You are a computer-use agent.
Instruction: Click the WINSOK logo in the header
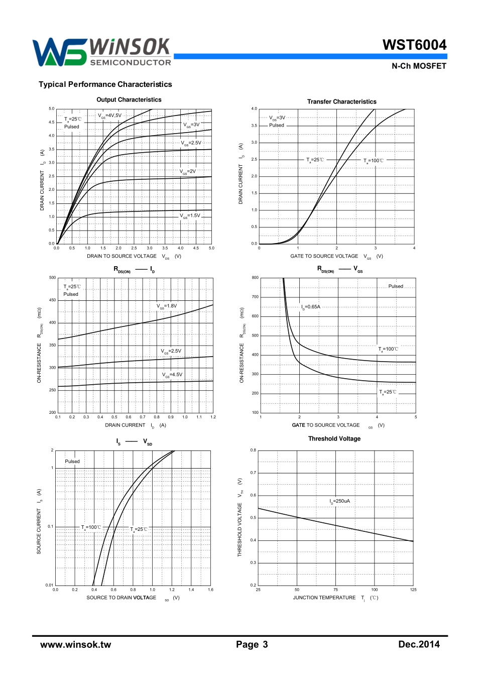(x=102, y=52)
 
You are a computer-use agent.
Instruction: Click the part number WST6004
(x=414, y=45)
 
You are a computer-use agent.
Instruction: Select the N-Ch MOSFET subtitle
(x=419, y=66)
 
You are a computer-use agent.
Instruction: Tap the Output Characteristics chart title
(x=129, y=99)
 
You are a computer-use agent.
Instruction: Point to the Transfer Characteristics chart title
(x=341, y=101)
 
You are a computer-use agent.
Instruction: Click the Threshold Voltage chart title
(x=334, y=438)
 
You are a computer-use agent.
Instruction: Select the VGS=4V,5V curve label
(x=109, y=116)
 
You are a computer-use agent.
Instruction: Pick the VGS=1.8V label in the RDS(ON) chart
(x=167, y=306)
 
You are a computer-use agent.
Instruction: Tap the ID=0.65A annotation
(x=310, y=307)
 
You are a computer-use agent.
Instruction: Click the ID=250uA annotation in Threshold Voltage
(x=339, y=501)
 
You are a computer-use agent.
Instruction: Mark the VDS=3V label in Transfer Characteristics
(x=277, y=118)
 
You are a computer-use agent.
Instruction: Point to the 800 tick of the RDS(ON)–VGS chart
(x=255, y=278)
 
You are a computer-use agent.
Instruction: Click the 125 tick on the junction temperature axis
(x=413, y=590)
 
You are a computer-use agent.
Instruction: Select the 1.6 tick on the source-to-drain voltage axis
(x=210, y=590)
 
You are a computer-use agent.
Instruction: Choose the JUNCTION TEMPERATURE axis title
(x=324, y=598)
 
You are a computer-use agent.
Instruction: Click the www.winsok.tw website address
(x=76, y=644)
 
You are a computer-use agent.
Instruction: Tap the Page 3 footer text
(x=252, y=644)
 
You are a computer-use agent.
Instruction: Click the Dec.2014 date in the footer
(x=419, y=644)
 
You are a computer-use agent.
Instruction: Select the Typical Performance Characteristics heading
(x=105, y=84)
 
